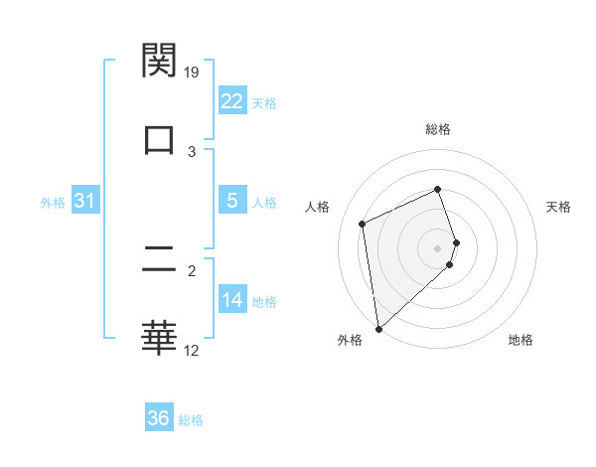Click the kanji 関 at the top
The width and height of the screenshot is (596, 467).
[x=159, y=61]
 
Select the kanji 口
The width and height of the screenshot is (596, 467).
[x=159, y=138]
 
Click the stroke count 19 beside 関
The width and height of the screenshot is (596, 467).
[x=193, y=73]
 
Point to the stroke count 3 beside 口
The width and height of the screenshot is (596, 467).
[x=193, y=151]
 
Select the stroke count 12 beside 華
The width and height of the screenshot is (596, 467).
[x=193, y=351]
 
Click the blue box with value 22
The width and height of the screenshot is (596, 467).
[x=232, y=101]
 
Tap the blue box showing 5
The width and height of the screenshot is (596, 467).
[x=232, y=201]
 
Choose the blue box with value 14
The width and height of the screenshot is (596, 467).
[x=232, y=300]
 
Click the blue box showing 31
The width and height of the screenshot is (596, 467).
[x=85, y=201]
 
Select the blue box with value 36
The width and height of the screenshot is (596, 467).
[x=159, y=418]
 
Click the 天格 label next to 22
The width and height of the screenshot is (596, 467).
[x=264, y=102]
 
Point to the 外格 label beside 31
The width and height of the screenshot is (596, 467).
[x=53, y=202]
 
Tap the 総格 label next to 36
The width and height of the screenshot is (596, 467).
[x=191, y=419]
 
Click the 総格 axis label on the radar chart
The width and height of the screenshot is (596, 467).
[x=438, y=130]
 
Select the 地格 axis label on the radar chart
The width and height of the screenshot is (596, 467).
[x=521, y=340]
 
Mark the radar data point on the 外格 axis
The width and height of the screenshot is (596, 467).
[x=378, y=328]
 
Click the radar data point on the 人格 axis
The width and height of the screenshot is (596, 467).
[x=363, y=223]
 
